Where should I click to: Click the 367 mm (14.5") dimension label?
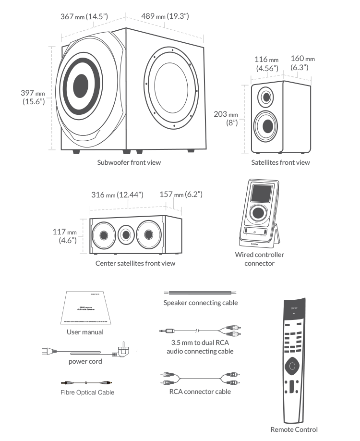point(84,17)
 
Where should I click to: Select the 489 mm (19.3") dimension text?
point(165,17)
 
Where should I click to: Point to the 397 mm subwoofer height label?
point(33,97)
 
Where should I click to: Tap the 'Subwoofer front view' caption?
point(129,162)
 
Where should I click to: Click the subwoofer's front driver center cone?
point(81,86)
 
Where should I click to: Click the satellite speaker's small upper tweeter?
point(265,97)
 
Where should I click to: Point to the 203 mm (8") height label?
point(226,118)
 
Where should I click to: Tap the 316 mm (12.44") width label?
point(118,195)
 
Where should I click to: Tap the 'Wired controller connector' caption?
point(259,259)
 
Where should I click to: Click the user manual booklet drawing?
point(85,308)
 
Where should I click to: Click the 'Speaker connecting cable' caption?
point(200,303)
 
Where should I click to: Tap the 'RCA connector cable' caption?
point(200,392)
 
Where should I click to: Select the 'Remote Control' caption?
point(294,429)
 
